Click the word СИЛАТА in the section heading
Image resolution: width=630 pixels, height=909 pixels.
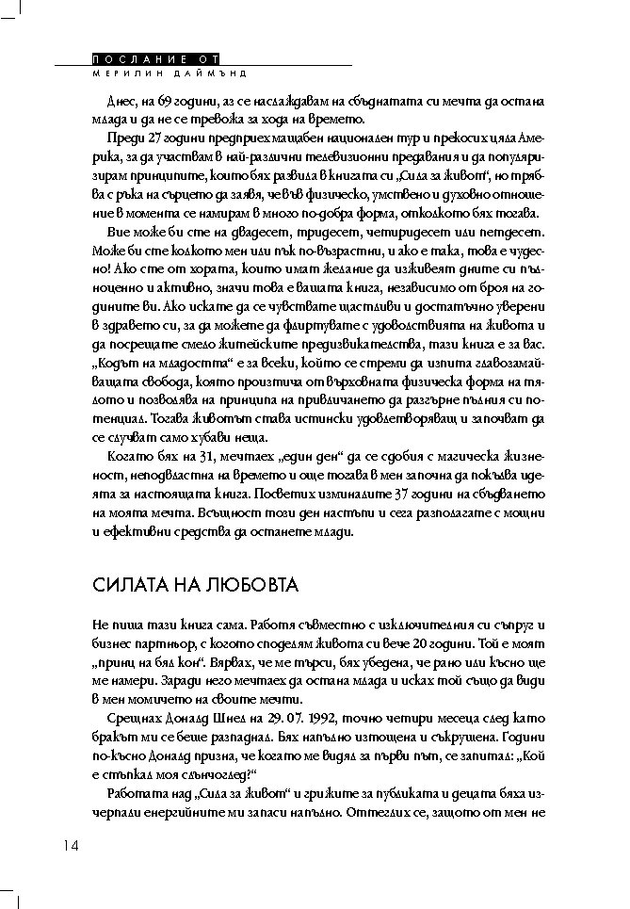click(131, 585)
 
